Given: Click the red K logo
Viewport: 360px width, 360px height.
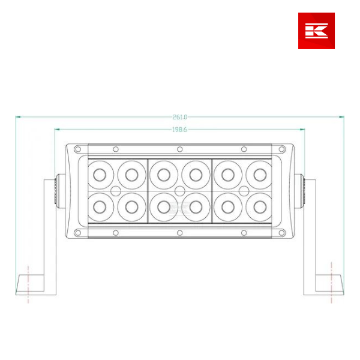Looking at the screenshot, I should point(316,31).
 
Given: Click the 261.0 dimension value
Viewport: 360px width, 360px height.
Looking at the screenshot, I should point(180,117).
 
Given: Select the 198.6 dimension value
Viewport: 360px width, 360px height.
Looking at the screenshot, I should point(180,129).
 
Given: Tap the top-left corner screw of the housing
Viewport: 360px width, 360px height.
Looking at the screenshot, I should point(77,149).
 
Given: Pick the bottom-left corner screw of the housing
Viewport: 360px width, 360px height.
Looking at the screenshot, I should point(77,233).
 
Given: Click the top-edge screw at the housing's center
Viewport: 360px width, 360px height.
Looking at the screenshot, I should point(180,149).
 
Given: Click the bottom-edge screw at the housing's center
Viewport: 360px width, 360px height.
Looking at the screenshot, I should point(180,233).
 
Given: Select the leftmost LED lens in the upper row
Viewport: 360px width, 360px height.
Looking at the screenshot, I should point(100,175).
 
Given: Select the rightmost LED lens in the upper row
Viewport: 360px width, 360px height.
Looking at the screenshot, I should point(260,175).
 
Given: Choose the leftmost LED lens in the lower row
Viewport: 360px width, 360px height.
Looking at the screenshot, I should point(100,206).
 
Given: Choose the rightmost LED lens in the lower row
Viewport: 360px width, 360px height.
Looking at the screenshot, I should point(260,206).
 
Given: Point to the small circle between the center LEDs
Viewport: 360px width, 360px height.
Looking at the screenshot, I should point(179,191).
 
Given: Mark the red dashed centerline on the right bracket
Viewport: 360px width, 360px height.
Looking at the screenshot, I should point(331,282).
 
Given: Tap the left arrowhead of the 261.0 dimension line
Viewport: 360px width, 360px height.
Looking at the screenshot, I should point(17,117).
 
